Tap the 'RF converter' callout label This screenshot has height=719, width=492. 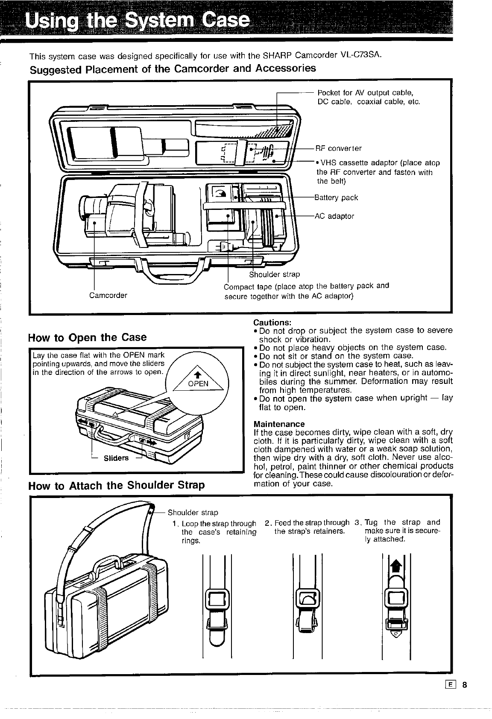click(338, 149)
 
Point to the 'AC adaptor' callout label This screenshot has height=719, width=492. click(334, 216)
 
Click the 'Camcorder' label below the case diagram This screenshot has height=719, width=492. click(108, 295)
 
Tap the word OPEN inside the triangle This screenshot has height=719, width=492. click(198, 383)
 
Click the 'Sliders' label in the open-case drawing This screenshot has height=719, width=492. click(116, 458)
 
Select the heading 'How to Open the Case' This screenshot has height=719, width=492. click(87, 338)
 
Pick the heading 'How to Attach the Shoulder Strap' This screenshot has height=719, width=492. click(116, 486)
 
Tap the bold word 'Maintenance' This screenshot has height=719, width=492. click(279, 424)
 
